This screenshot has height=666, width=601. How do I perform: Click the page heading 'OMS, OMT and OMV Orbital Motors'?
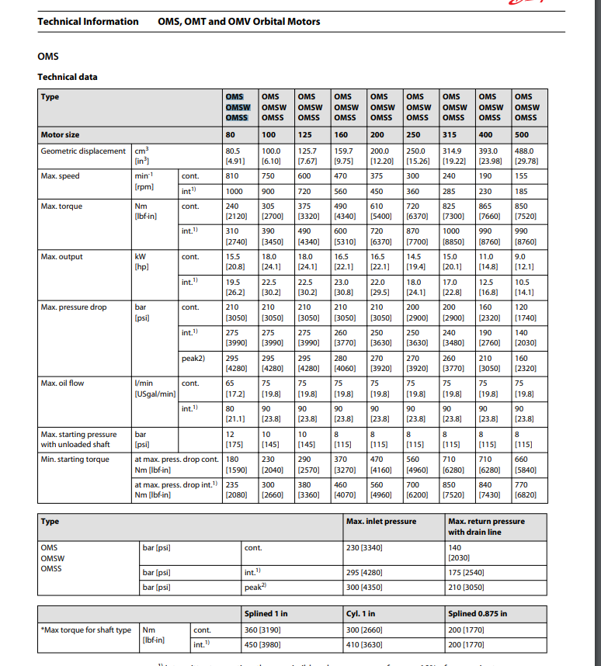[x=238, y=21]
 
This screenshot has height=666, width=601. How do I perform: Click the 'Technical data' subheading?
[x=68, y=76]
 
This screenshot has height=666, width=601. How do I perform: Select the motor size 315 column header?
[x=450, y=135]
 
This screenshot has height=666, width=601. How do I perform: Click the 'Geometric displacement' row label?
[x=82, y=151]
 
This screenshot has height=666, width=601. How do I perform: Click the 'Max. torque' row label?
[x=61, y=206]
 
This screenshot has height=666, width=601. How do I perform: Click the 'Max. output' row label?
[x=61, y=257]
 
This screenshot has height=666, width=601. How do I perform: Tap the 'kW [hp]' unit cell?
[x=141, y=262]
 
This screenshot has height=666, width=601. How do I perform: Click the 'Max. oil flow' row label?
[x=62, y=383]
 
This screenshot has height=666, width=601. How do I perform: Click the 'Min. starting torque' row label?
[x=75, y=460]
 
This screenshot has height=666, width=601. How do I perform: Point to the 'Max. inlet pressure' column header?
[x=380, y=521]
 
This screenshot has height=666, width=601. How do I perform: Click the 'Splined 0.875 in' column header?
[x=478, y=614]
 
